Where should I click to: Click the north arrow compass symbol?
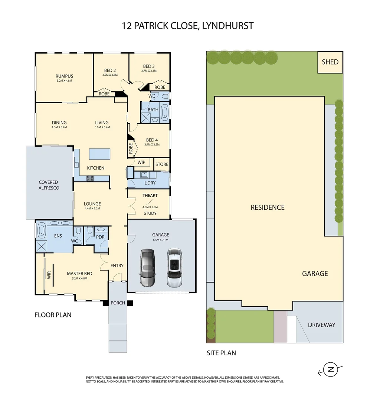tap(330, 369)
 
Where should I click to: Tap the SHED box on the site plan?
tap(330, 62)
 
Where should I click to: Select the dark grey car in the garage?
tap(147, 268)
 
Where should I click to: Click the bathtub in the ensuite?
tap(41, 231)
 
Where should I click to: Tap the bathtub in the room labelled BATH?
tap(164, 111)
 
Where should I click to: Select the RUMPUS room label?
tap(64, 76)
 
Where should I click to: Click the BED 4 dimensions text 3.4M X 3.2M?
tap(152, 145)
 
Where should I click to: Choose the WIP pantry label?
tap(141, 162)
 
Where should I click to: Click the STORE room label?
tap(162, 164)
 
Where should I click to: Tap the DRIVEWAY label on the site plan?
tap(321, 325)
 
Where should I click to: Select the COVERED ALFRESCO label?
tap(49, 185)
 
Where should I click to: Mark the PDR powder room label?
tap(100, 237)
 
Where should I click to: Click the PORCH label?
tap(118, 303)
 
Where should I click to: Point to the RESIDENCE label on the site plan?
tap(268, 207)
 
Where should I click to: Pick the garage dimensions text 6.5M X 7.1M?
tap(161, 240)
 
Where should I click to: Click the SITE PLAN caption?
tap(221, 353)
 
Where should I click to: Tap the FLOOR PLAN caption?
tap(53, 315)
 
